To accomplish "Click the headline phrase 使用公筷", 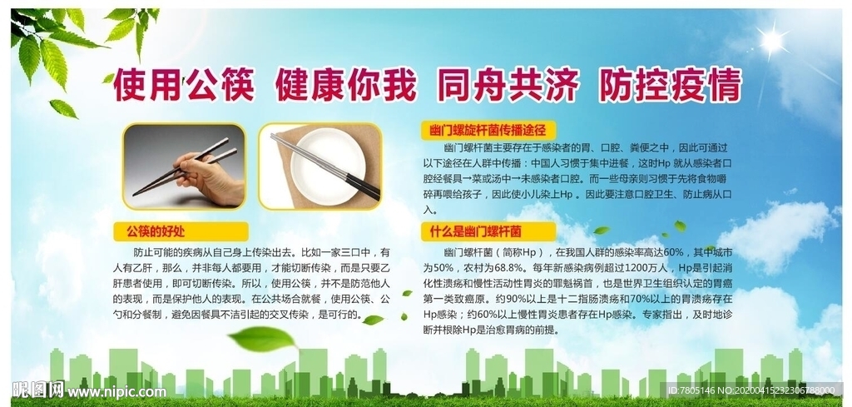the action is tap(183, 85).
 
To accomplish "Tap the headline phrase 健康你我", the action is tap(345, 85).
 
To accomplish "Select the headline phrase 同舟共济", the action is tap(508, 85).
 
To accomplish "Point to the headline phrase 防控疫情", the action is tap(670, 85).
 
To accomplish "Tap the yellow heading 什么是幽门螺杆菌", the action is tap(475, 231).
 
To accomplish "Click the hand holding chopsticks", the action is tap(208, 178).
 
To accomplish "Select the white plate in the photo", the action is tap(328, 166).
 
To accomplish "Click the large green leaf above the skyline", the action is tap(263, 339).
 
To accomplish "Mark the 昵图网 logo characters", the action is tap(38, 390).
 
